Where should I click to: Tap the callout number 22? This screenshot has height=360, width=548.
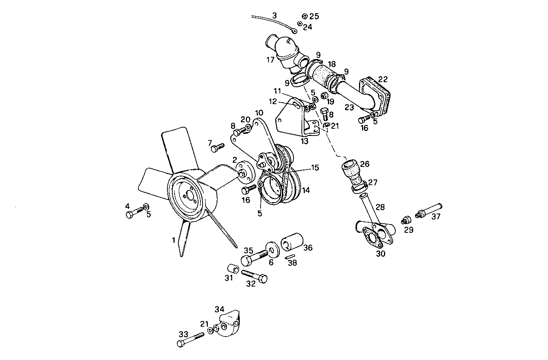383,79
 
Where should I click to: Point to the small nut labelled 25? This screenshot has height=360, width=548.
304,16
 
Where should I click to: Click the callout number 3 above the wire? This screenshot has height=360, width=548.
275,16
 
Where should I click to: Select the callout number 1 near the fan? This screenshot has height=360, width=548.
173,240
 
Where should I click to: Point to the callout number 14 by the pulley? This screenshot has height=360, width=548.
306,190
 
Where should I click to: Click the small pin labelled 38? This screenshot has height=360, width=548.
290,257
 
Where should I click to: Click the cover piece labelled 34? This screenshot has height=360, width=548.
229,321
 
